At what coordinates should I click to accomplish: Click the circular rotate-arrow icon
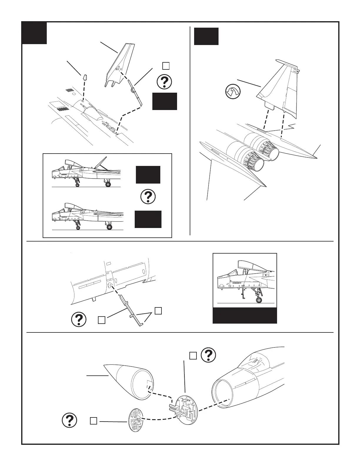coord(233,92)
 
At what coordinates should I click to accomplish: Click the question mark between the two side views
coord(148,197)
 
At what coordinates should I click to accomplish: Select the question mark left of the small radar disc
coord(70,421)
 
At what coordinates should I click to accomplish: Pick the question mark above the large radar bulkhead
coord(209,355)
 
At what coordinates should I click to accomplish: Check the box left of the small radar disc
coord(93,421)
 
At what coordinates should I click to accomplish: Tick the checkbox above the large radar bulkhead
coord(193,356)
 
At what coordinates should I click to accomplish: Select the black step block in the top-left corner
coord(34,33)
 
